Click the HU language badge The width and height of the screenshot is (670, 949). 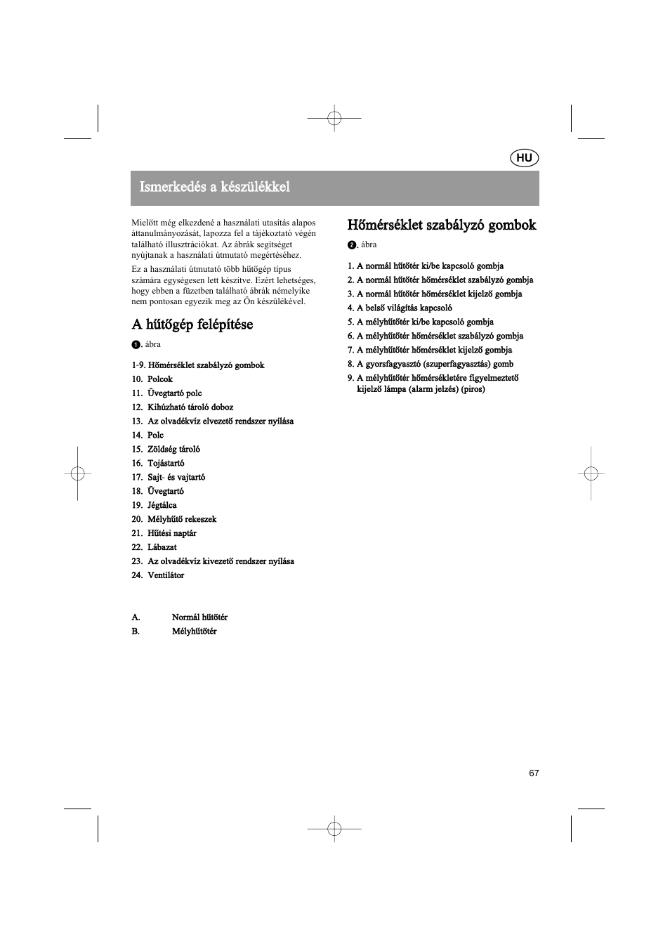coord(524,158)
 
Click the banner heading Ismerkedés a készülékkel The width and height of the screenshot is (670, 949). coord(215,187)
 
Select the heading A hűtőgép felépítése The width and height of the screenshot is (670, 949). coord(192,325)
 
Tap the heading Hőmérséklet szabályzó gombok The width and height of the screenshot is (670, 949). coord(442,225)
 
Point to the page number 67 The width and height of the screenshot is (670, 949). coord(534,773)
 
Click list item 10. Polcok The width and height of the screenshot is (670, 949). coord(152,379)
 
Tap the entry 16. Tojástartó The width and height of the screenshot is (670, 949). coord(158,464)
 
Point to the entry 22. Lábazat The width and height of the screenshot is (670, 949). coord(154,548)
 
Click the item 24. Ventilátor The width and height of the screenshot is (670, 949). coord(158,576)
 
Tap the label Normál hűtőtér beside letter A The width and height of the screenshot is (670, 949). coord(199,617)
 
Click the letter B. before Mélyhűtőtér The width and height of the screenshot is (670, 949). coord(136,631)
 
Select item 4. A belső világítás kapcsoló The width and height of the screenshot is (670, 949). coord(400,308)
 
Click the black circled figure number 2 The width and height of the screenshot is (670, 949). coord(351,245)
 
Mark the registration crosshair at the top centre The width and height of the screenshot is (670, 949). coord(335,119)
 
